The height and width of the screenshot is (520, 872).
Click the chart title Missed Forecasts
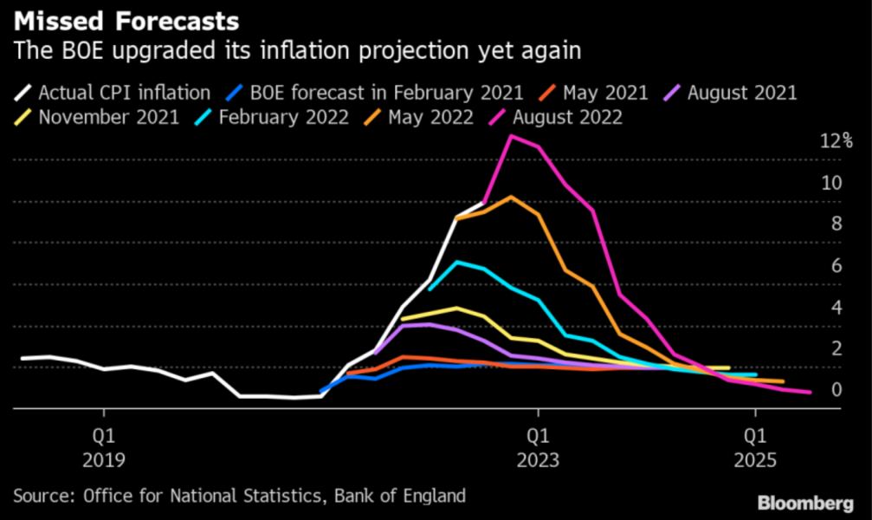click(126, 20)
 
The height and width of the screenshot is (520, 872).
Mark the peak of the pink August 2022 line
click(511, 135)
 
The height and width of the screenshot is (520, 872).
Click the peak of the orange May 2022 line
click(511, 197)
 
